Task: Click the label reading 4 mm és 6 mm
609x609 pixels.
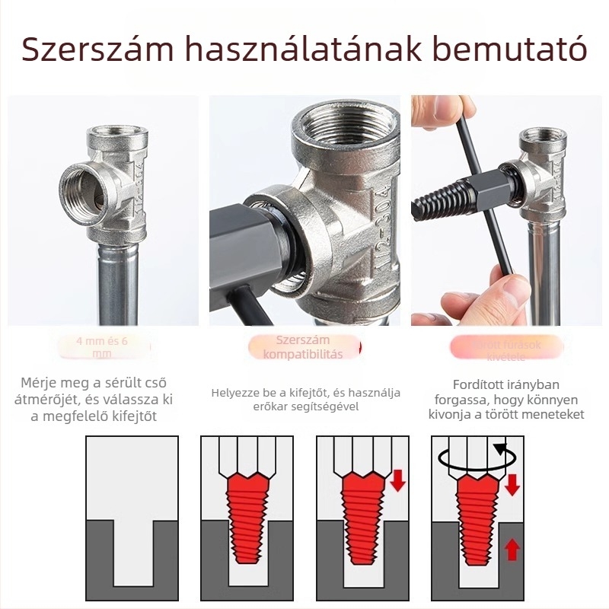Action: [x=102, y=347]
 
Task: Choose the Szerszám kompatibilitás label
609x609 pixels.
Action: [x=303, y=347]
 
